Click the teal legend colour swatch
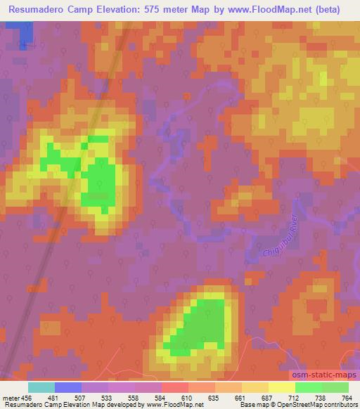click(x=41, y=387)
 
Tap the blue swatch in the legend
click(x=68, y=387)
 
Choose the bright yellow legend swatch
click(x=281, y=387)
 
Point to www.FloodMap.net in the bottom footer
click(x=172, y=405)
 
